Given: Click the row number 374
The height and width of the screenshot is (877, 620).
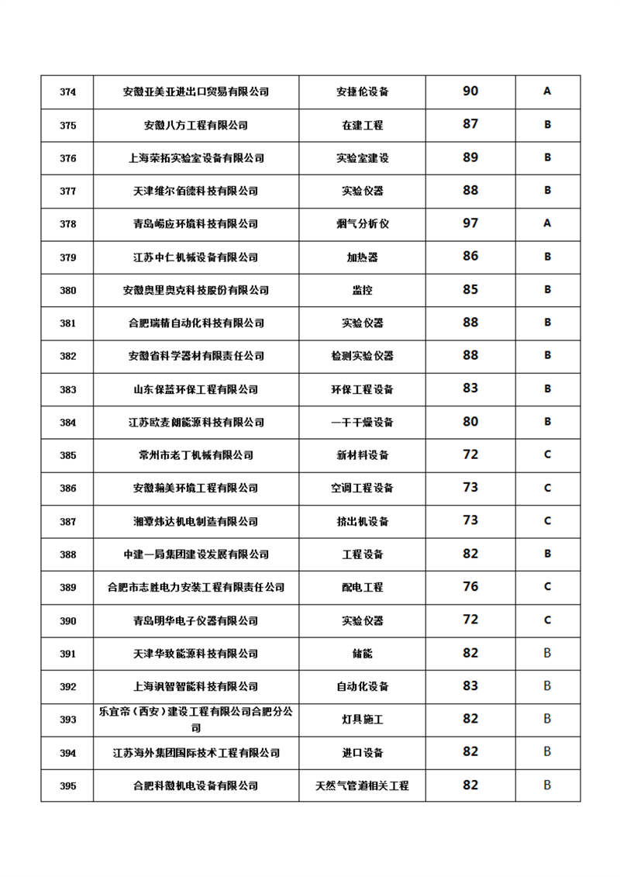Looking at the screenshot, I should click(x=67, y=91).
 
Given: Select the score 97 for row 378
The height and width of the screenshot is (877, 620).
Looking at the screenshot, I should click(x=470, y=223).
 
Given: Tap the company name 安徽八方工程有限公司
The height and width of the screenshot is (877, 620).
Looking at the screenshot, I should click(x=196, y=125).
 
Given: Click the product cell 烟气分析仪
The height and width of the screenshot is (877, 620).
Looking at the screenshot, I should click(x=362, y=224).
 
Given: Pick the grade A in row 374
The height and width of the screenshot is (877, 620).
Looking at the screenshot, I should click(x=547, y=91).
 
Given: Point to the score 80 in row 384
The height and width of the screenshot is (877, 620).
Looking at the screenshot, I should click(x=470, y=422).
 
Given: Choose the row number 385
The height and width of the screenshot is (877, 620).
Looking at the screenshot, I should click(x=67, y=455).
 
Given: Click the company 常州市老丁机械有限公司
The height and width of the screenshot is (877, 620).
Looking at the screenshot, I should click(x=196, y=455).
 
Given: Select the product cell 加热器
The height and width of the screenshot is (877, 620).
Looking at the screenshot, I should click(x=362, y=257).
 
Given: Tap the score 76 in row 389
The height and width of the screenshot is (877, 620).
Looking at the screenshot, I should click(x=470, y=587).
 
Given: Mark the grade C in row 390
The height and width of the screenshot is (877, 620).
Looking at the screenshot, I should click(x=547, y=620).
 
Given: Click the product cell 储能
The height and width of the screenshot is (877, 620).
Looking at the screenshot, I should click(x=362, y=654).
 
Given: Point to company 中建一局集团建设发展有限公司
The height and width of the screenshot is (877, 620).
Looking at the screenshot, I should click(x=196, y=554).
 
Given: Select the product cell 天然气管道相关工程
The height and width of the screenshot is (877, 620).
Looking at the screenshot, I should click(x=362, y=786).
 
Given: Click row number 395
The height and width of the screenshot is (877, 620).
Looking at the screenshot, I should click(x=67, y=786).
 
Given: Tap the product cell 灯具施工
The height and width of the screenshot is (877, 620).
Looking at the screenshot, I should click(x=362, y=720).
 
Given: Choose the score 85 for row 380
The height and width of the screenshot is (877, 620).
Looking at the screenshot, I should click(x=470, y=290).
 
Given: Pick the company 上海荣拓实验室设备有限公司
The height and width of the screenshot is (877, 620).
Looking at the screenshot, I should click(x=196, y=158).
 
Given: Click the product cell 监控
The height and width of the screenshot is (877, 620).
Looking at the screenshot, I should click(x=362, y=290).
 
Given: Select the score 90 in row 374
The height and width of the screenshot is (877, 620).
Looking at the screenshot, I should click(x=470, y=91).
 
